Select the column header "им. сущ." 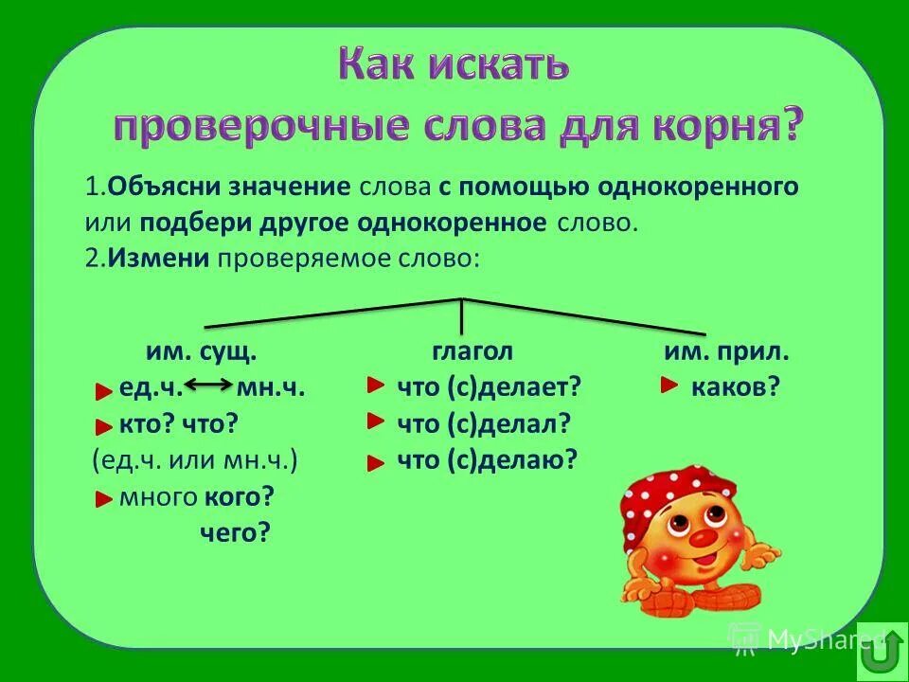pos(201,352)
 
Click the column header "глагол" pos(472,351)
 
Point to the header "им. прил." pos(726,352)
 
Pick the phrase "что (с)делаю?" pos(488,460)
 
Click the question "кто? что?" pos(178,423)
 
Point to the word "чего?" pos(235,533)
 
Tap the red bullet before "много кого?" pos(105,499)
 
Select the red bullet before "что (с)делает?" pos(376,384)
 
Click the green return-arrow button pos(881,652)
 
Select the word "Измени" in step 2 pos(158,260)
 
